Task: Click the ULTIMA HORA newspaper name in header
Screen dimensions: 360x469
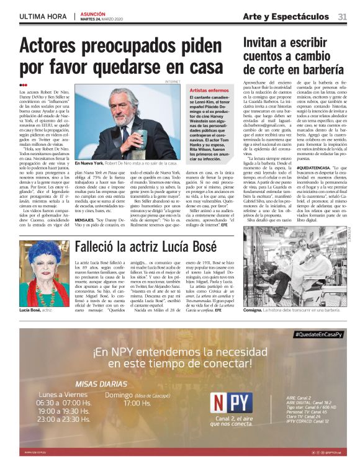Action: tap(42, 16)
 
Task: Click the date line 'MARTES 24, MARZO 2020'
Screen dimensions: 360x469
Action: tap(102, 19)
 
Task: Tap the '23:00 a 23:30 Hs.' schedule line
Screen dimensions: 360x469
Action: tap(60, 419)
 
